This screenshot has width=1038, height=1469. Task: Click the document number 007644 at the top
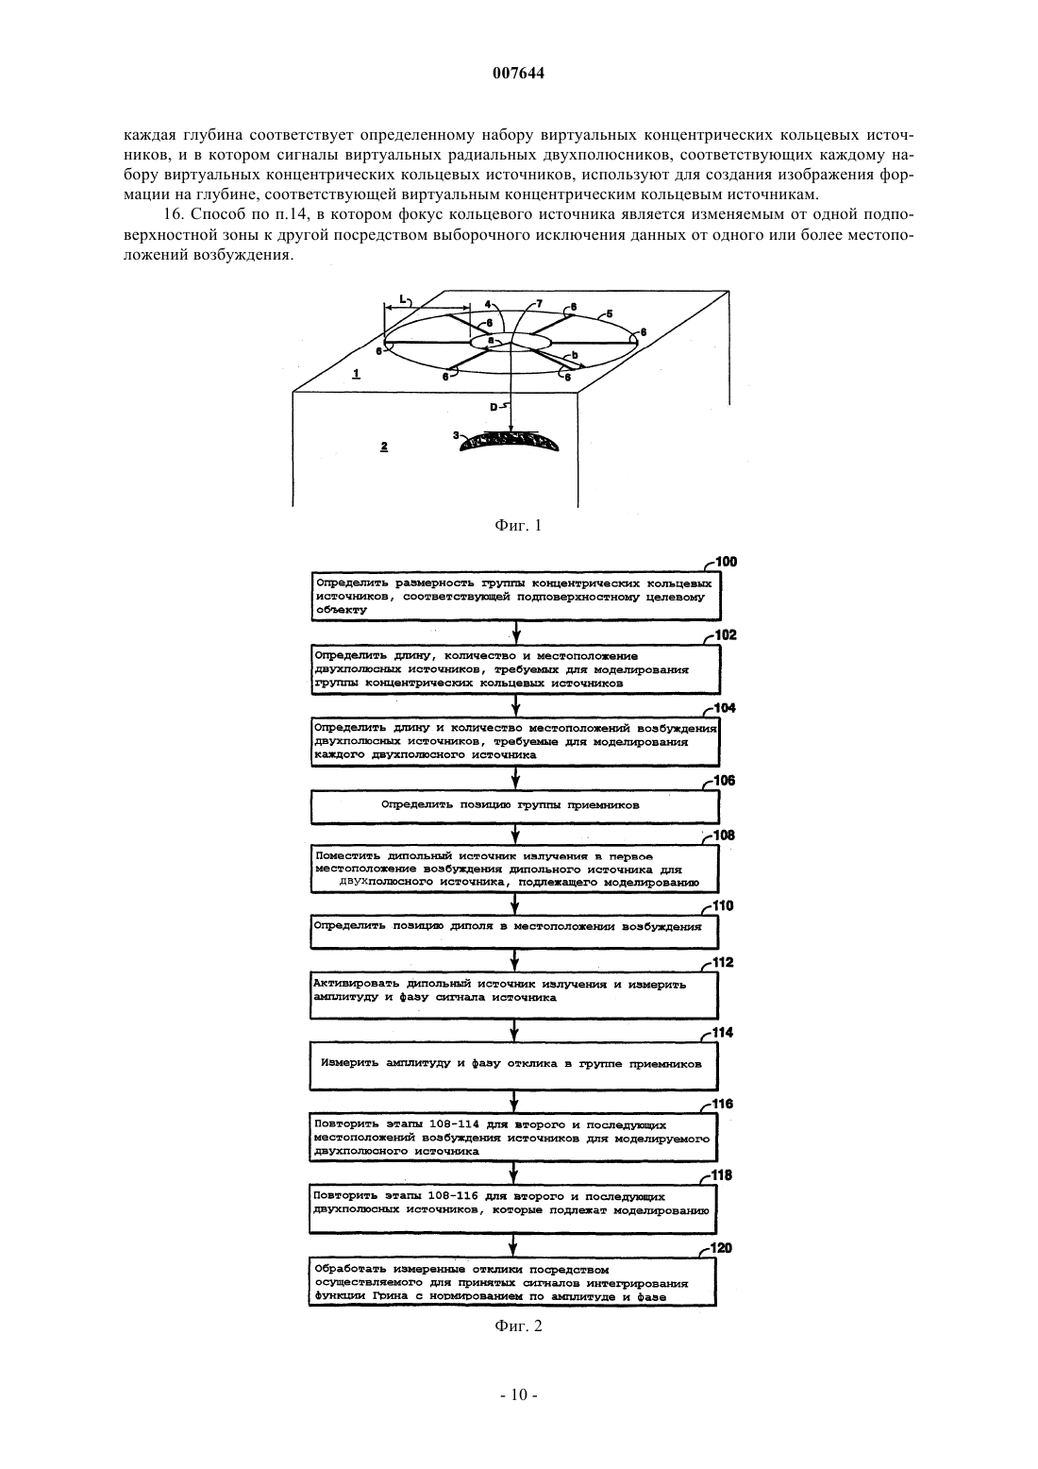pos(518,74)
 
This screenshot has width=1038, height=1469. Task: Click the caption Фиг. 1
pos(518,525)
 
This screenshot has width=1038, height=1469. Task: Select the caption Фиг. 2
pos(518,1325)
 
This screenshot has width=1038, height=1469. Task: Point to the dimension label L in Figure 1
pos(403,298)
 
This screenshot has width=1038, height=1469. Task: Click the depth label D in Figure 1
pos(494,407)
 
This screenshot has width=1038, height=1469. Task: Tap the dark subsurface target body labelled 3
pos(510,444)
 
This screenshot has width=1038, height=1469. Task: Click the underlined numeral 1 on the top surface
pos(356,374)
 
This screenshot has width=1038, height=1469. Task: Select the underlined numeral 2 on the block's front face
pos(384,447)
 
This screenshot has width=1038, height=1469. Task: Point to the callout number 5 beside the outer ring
pos(610,313)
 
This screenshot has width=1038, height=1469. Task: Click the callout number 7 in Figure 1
pos(540,303)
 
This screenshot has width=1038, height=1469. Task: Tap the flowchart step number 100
pos(726,562)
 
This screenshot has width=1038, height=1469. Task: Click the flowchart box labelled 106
pos(514,806)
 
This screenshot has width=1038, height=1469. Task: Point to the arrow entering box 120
pos(513,1244)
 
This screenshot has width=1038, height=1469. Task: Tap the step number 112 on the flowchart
pos(723,963)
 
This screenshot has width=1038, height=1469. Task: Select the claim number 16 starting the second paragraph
pos(172,214)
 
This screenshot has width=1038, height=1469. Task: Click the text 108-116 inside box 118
pos(453,1196)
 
